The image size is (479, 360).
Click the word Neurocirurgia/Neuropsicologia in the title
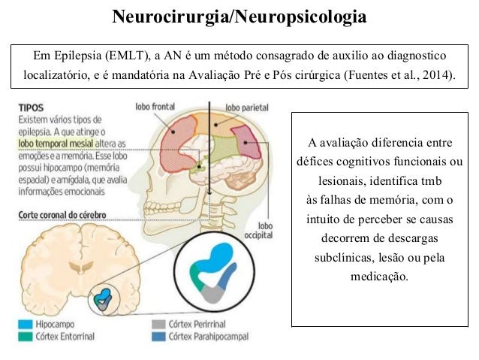click(239, 16)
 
